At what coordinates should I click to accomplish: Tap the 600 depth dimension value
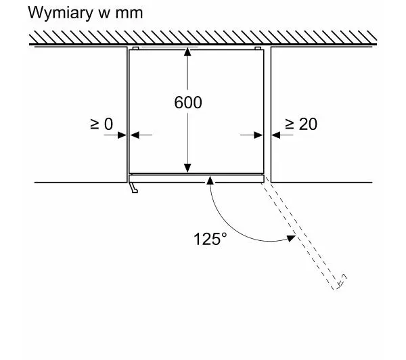click(x=187, y=103)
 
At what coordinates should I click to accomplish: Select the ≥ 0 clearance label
click(x=101, y=124)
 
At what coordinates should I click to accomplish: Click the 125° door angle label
click(x=210, y=239)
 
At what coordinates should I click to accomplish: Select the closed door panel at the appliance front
click(x=196, y=178)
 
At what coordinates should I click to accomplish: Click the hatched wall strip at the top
click(x=203, y=38)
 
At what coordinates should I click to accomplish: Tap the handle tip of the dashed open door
click(x=344, y=277)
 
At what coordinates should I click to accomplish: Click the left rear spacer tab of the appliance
click(x=136, y=49)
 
